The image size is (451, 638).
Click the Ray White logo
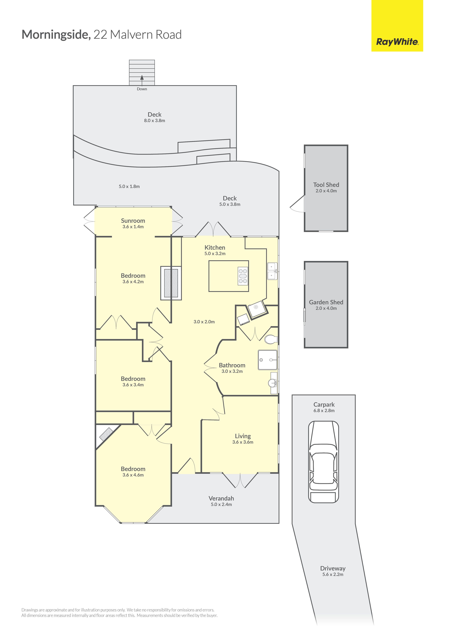click(x=397, y=42)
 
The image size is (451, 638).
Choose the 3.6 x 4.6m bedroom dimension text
click(x=133, y=475)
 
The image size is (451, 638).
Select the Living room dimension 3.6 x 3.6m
click(x=243, y=442)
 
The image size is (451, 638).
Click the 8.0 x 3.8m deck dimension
click(x=155, y=121)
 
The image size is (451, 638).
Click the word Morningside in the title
click(x=56, y=35)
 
